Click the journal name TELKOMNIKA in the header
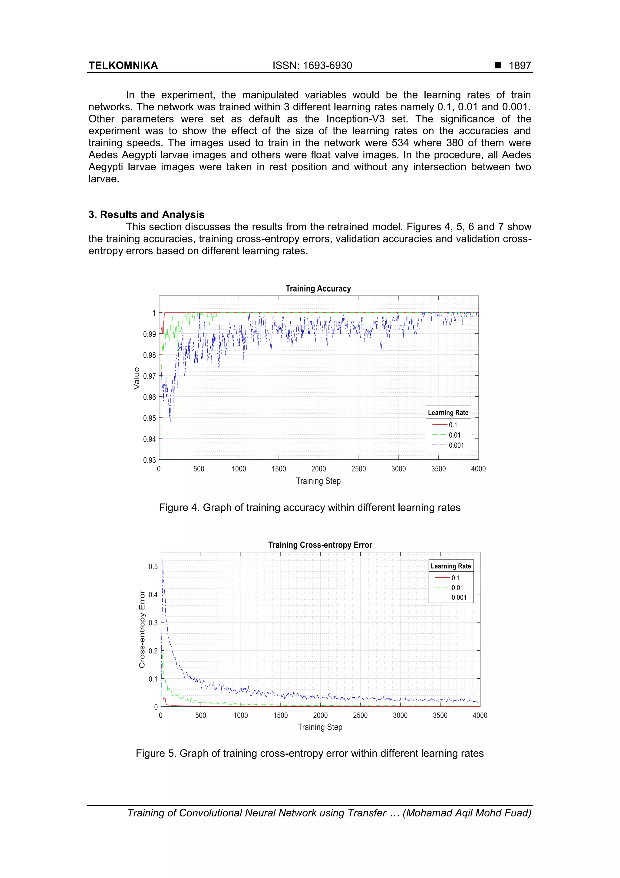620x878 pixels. coord(123,66)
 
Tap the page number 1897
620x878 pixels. coord(519,66)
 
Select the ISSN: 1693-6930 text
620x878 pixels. coord(312,66)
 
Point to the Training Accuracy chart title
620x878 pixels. coord(318,289)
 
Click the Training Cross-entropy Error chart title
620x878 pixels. coord(320,545)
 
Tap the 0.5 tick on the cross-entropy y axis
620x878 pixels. coord(153,566)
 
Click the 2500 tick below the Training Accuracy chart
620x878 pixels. coord(358,469)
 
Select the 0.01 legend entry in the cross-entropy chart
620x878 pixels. coord(457,588)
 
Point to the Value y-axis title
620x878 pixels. coord(136,378)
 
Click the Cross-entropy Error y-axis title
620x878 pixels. coord(142,629)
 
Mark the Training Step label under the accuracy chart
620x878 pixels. coord(318,481)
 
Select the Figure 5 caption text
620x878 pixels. coord(309,753)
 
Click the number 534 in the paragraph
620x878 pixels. coord(400,143)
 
